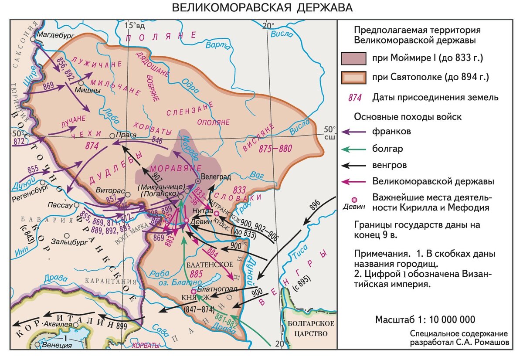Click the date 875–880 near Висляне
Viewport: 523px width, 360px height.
(275, 149)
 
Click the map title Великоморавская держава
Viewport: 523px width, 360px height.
(261, 8)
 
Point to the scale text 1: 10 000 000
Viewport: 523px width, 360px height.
(452, 319)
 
